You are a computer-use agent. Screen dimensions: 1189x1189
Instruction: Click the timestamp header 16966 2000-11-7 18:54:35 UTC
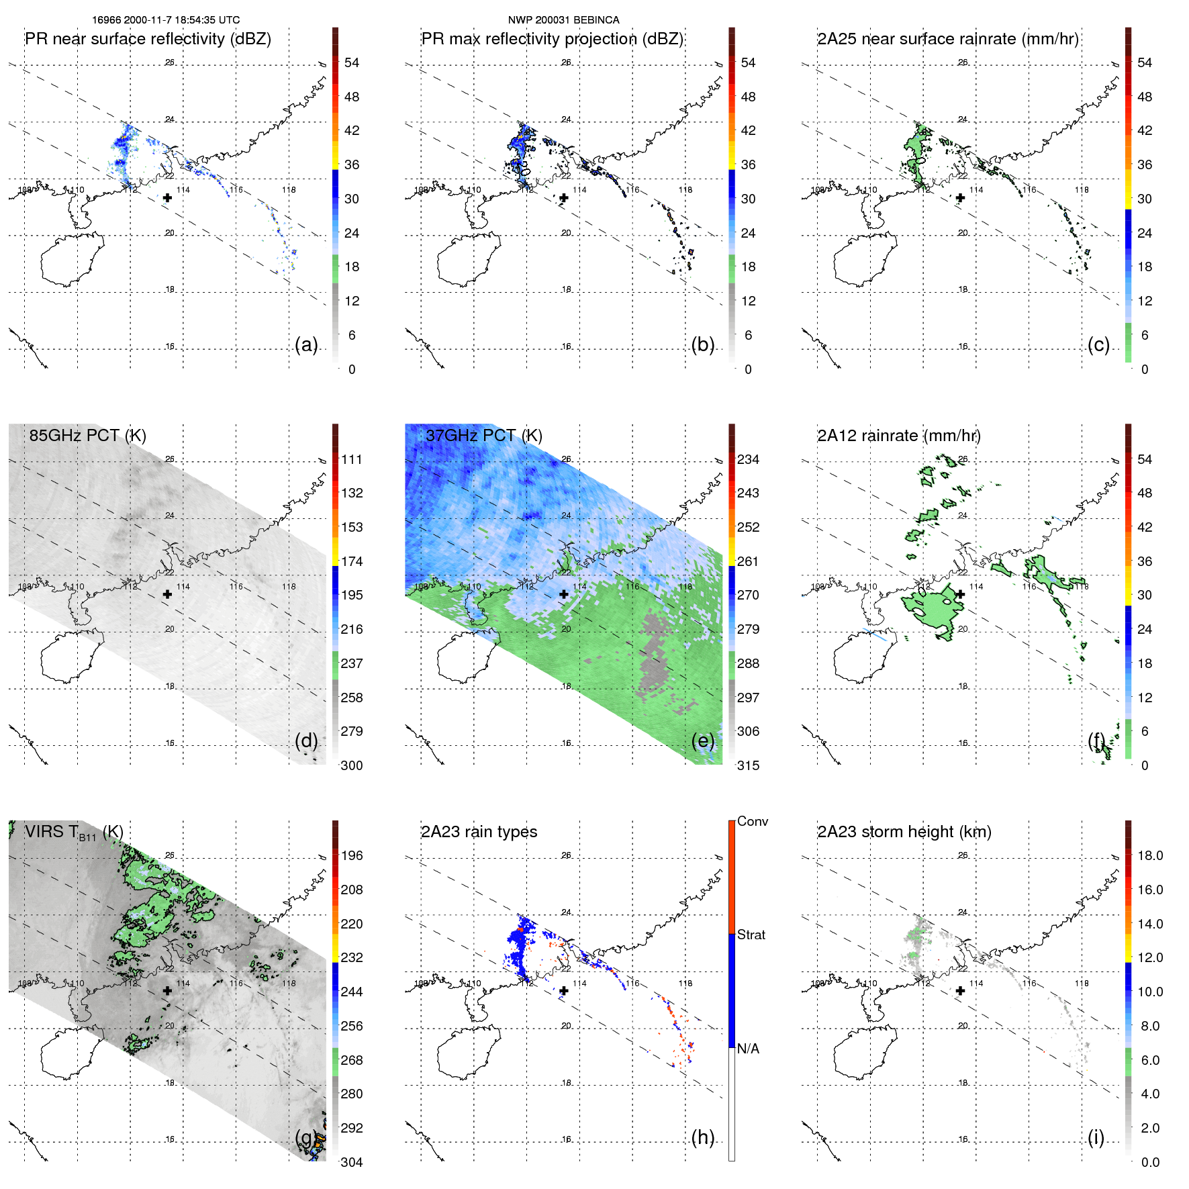tap(166, 20)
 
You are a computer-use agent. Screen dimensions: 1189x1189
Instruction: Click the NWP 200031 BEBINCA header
tap(563, 20)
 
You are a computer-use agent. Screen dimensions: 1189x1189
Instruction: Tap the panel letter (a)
tap(306, 344)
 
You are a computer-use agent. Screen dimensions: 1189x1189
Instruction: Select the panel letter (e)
tap(702, 741)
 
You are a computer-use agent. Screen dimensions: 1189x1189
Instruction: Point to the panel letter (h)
tap(702, 1137)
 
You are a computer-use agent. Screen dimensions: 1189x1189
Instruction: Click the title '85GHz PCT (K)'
tap(87, 435)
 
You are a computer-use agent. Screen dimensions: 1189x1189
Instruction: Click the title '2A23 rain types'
tap(479, 832)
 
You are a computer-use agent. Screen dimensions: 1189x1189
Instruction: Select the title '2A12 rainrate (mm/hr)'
tap(898, 435)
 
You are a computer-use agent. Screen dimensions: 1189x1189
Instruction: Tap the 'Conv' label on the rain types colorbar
tap(752, 821)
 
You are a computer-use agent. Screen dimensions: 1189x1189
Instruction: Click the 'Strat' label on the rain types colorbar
tap(751, 935)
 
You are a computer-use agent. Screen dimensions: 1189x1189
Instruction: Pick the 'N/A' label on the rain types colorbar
tap(748, 1049)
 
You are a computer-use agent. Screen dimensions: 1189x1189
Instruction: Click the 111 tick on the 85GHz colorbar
tap(351, 459)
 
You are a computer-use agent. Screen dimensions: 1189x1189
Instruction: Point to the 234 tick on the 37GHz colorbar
tap(748, 459)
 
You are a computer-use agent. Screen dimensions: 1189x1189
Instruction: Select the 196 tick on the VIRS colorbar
tap(351, 855)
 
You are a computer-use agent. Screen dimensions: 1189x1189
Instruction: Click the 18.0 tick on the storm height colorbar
tap(1149, 855)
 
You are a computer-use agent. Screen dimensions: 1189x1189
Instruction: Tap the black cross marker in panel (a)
tap(167, 198)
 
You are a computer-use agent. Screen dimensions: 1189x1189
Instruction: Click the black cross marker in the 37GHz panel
tap(564, 594)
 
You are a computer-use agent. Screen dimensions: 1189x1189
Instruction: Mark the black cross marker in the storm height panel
tap(960, 991)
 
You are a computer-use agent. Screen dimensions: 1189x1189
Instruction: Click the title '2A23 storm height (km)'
tap(904, 832)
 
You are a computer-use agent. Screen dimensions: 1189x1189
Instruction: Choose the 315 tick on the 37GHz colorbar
tap(748, 765)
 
